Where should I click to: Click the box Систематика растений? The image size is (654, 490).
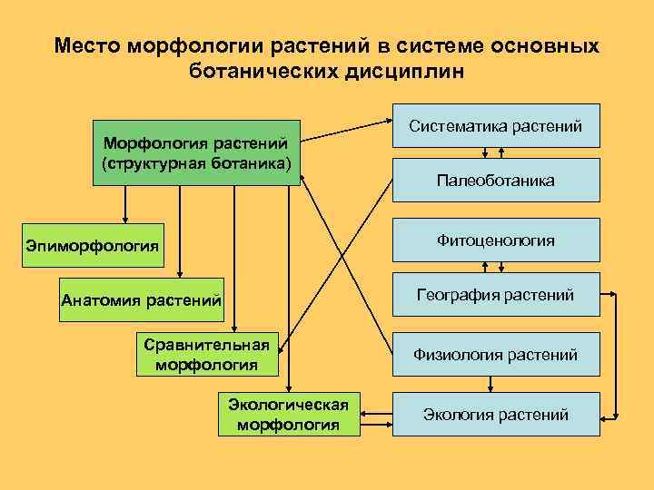point(495,125)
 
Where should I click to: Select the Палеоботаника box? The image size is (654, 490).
point(495,181)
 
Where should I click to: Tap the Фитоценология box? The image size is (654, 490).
point(495,240)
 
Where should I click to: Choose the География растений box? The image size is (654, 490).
point(495,295)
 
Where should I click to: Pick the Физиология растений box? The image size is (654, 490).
point(495,354)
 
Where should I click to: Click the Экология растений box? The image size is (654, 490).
point(495,415)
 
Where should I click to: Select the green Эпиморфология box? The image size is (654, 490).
point(93,246)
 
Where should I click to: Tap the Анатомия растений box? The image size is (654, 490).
point(141,300)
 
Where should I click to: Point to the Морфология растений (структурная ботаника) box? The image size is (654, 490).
point(196,152)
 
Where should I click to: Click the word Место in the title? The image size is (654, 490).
point(87,45)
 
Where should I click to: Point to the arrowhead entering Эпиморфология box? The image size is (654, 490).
point(125,219)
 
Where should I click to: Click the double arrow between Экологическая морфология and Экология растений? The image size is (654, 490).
point(377,415)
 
